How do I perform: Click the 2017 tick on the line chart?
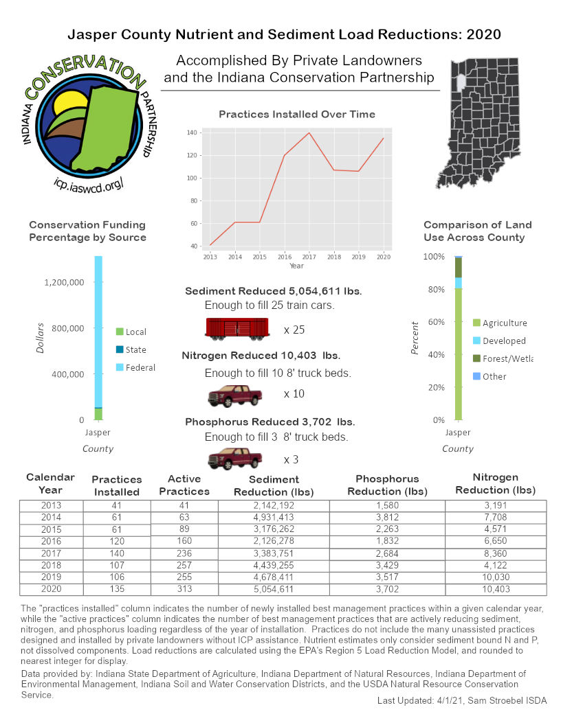(309, 257)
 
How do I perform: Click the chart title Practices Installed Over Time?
(297, 114)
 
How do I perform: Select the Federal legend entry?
(140, 367)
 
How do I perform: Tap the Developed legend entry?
(504, 341)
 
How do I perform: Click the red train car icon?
(236, 329)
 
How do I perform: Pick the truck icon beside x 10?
(235, 396)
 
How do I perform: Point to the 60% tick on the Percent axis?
(434, 321)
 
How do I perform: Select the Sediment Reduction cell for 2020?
(274, 590)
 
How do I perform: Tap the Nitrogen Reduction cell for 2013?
(496, 506)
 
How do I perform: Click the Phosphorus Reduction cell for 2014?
(387, 518)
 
